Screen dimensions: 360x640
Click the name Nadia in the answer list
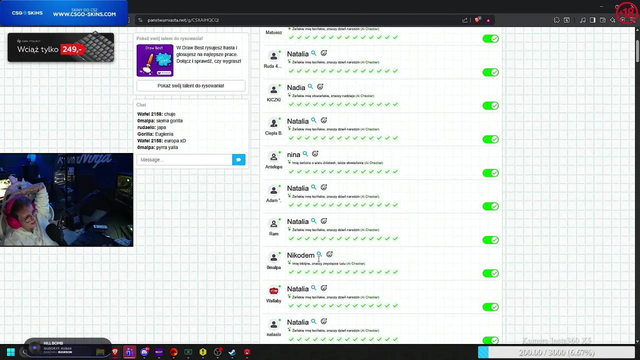(x=296, y=87)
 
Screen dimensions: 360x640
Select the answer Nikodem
(x=300, y=255)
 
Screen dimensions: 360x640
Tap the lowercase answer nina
(x=293, y=154)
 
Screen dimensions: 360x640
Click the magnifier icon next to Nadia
(x=310, y=87)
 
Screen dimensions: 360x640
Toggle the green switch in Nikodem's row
(x=490, y=273)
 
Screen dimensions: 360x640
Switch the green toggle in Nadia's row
(x=490, y=105)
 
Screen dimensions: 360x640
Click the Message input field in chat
(x=184, y=159)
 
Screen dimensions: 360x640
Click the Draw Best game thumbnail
(x=155, y=60)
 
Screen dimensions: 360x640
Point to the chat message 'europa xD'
(x=175, y=141)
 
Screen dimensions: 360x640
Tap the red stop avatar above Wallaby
(x=273, y=290)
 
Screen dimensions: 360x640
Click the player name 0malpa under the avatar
(x=273, y=267)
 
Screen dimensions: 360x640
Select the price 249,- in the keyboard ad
(x=71, y=49)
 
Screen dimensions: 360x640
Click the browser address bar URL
(x=183, y=20)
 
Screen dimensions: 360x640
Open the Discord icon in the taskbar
(x=144, y=352)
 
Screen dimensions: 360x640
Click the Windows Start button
(x=10, y=352)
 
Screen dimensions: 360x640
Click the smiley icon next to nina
(x=315, y=154)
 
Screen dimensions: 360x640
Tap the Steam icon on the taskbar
(x=232, y=352)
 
